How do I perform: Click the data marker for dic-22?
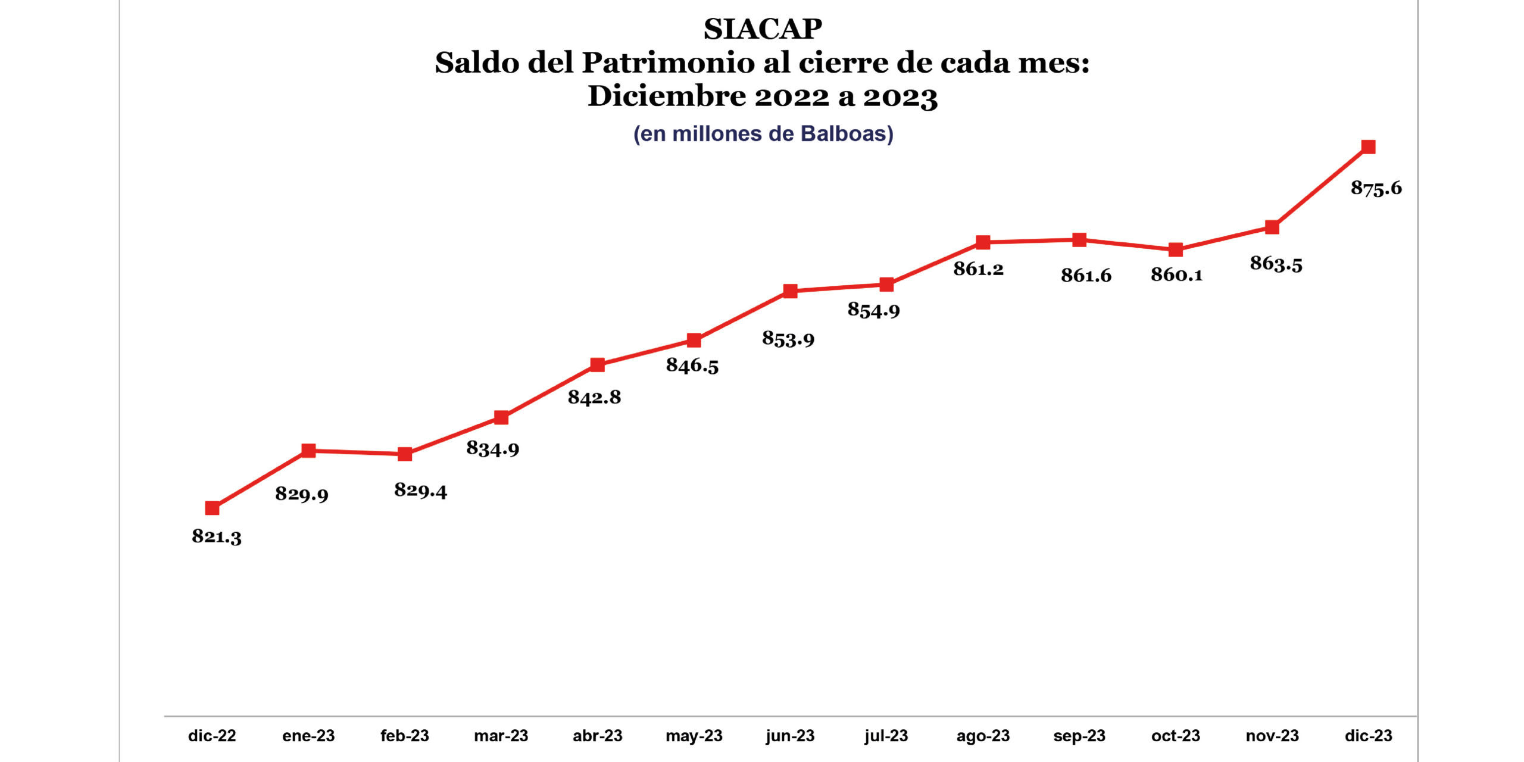coord(212,508)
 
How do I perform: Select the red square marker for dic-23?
coord(1368,147)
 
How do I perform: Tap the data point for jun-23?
coord(790,291)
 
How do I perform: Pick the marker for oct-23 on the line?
coord(1175,249)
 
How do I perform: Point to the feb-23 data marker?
coord(405,454)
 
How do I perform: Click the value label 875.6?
coord(1376,189)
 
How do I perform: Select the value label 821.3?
coord(217,536)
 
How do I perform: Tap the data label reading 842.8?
coord(594,397)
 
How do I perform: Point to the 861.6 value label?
coord(1086,276)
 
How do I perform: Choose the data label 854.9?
coord(873,310)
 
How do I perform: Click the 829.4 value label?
coord(420,491)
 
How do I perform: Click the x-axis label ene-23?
coord(308,736)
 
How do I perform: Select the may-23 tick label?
coord(694,736)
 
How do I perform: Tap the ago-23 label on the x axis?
coord(983,736)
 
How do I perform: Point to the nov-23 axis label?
coord(1272,736)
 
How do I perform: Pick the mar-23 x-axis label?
coord(501,736)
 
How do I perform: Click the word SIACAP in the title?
coord(763,29)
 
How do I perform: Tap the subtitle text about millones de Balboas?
coord(763,134)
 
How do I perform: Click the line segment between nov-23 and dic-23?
coord(1320,188)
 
